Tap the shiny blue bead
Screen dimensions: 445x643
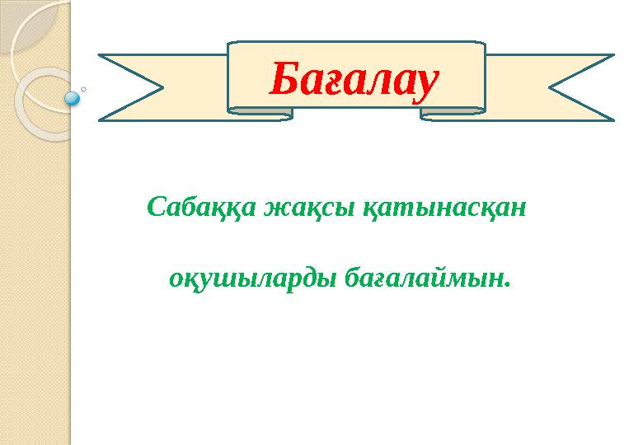[73, 98]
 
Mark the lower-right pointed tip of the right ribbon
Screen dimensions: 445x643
[613, 120]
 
